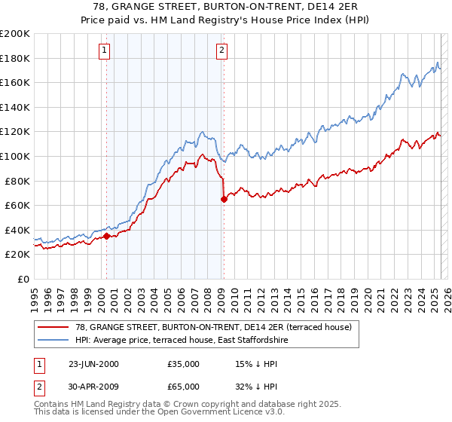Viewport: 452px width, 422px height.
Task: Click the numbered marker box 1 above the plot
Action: pos(104,51)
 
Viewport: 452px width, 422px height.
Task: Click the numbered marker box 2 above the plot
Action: pos(222,51)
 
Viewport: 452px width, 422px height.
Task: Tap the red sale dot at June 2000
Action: pos(106,236)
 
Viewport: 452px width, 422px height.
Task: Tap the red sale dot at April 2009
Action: pos(224,199)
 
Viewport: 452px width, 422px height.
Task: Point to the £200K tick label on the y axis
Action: pos(15,34)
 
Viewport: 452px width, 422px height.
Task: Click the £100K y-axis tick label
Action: pos(15,156)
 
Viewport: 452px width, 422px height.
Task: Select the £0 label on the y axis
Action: pos(24,279)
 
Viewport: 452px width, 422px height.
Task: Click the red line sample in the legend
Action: pos(53,327)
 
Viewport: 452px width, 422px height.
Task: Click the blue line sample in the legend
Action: pos(53,341)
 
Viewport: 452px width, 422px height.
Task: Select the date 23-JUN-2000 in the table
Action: pos(93,364)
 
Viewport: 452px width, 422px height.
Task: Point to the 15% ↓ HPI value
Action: pos(257,364)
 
